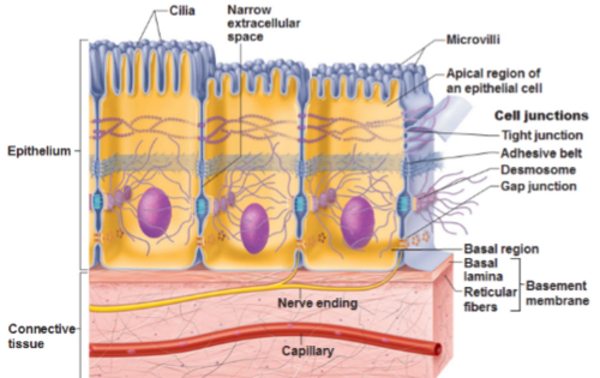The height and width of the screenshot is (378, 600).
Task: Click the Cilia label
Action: (182, 11)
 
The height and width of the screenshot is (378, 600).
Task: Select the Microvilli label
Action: (473, 40)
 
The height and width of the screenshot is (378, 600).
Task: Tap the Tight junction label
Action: (542, 135)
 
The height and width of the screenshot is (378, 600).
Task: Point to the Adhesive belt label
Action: (541, 153)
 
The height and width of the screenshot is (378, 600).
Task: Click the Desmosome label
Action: (538, 170)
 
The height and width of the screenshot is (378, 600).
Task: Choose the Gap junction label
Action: (538, 186)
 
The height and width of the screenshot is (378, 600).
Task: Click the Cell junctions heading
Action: (541, 116)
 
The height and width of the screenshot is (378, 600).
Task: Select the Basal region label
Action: (501, 249)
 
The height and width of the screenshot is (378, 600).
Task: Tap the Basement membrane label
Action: (557, 293)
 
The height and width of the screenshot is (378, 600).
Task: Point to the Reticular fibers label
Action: (490, 299)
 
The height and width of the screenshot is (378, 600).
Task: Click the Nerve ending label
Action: (317, 303)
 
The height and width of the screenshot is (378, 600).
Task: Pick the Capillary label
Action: (307, 350)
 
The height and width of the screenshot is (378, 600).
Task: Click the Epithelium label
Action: (39, 151)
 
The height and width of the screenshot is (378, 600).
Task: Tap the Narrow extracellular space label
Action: (263, 23)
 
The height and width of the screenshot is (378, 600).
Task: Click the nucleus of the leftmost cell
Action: (155, 212)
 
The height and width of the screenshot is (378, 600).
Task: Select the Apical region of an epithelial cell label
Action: (494, 81)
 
